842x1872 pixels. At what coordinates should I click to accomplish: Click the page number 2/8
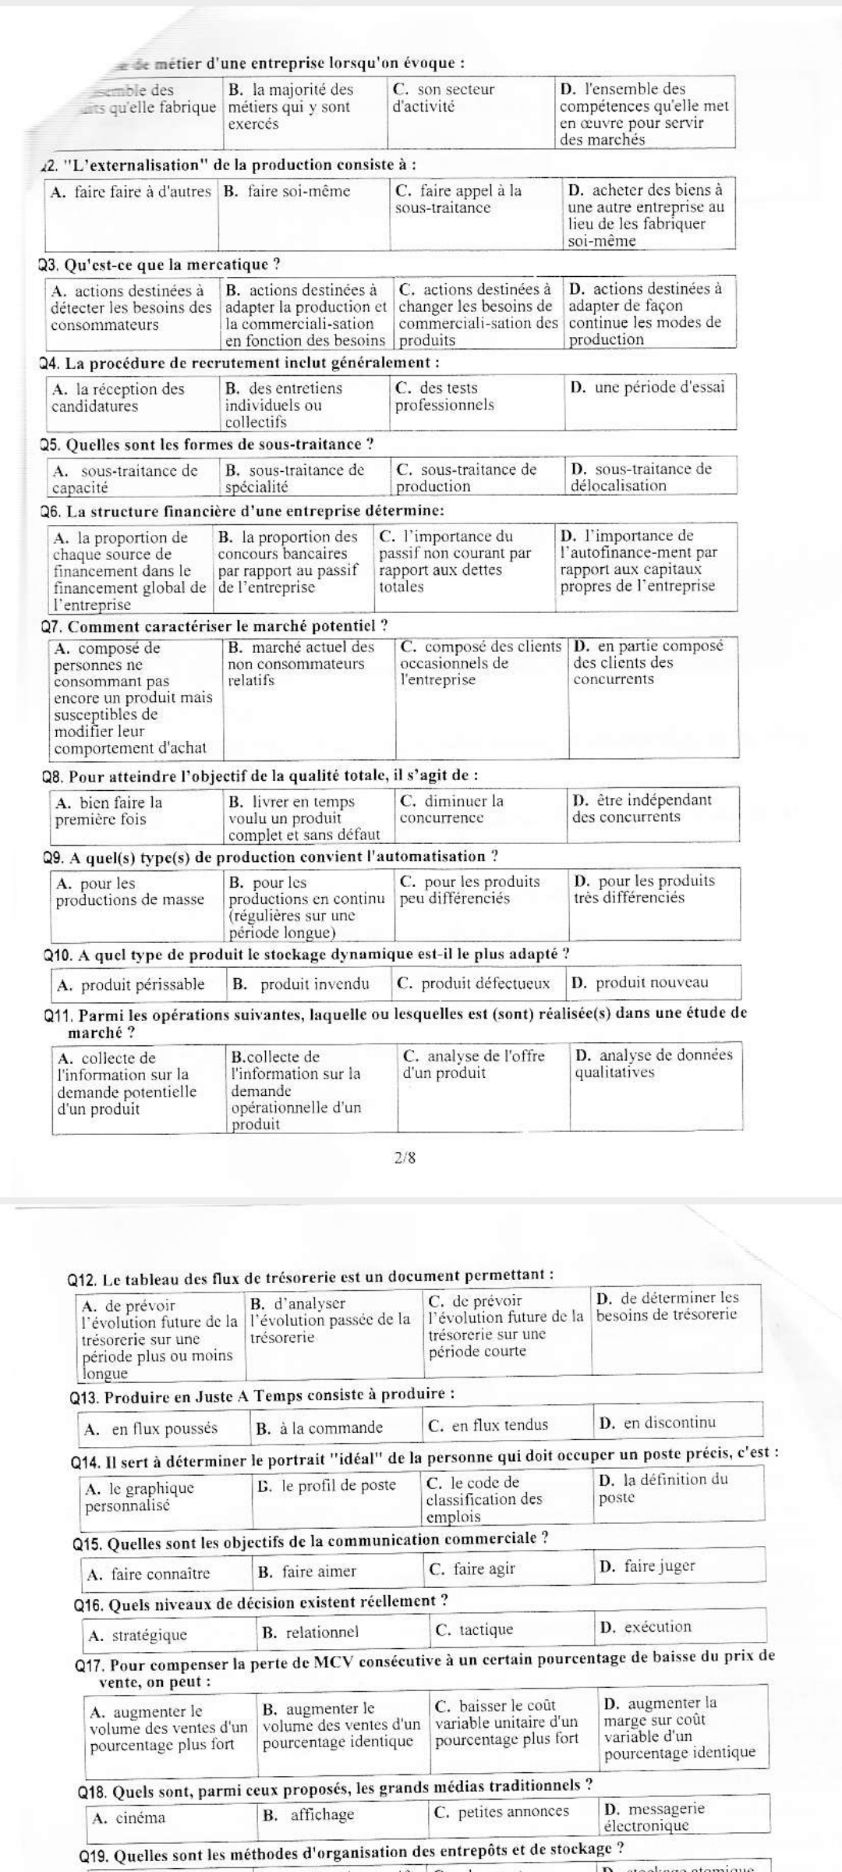(405, 1158)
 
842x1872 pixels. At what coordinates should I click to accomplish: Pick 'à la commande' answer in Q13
(320, 1427)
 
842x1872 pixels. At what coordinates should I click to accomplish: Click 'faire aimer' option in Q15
(307, 1572)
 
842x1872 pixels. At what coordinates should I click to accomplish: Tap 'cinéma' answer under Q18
(129, 1817)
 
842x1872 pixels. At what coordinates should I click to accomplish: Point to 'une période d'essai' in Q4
(648, 387)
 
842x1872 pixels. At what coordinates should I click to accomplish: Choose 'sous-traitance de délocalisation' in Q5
(642, 477)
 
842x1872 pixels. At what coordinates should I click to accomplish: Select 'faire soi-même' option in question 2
(288, 191)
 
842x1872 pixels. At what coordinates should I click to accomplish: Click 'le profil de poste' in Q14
(327, 1485)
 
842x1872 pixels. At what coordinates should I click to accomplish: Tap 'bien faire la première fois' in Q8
(109, 810)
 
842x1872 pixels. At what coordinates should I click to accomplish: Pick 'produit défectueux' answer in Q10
(473, 983)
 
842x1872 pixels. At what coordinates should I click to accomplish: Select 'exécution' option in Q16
(646, 1627)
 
